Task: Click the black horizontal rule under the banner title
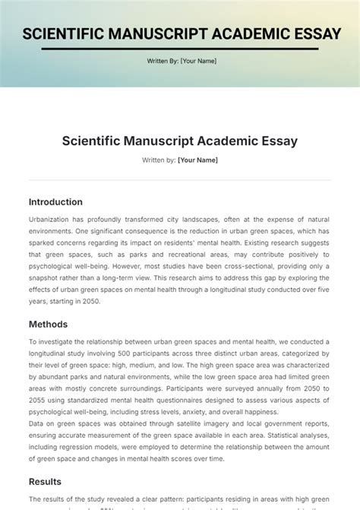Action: pos(180,48)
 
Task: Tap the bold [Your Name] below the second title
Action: pos(197,160)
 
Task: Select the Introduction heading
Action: pos(55,202)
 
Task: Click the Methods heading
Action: pos(48,325)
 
